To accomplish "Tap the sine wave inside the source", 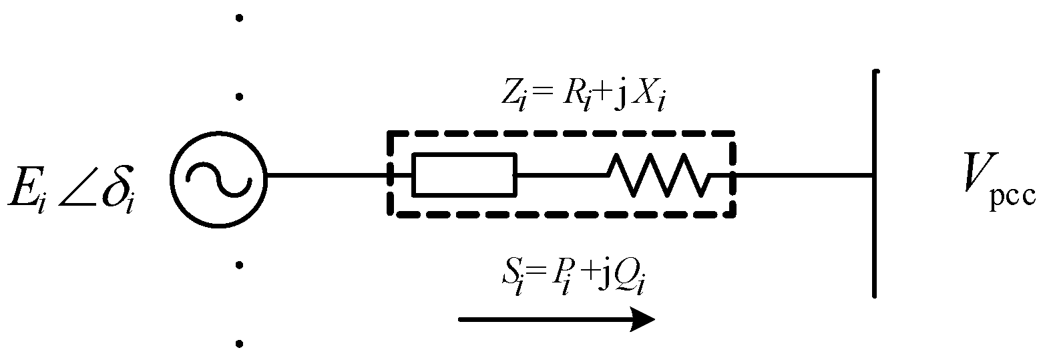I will point(218,176).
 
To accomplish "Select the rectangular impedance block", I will point(464,176).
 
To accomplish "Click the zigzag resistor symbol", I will point(658,176).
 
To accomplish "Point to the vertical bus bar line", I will point(874,184).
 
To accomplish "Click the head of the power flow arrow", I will point(644,320).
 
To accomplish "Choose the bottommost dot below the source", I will point(239,345).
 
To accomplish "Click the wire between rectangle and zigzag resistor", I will point(561,176).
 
